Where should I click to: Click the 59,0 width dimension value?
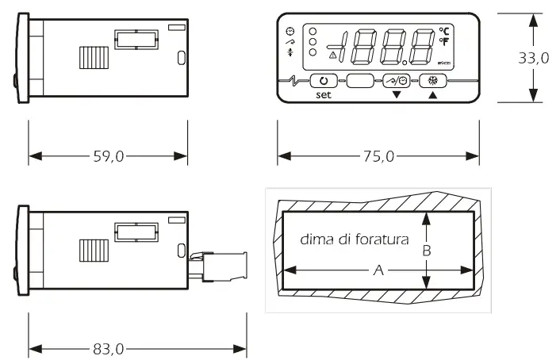pos(109,157)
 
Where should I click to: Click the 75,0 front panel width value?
pos(378,157)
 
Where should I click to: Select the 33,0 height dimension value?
pos(534,59)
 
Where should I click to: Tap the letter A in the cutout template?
pos(378,270)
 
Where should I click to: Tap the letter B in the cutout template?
pos(426,250)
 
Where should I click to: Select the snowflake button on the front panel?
pos(433,81)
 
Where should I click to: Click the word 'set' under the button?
pos(323,94)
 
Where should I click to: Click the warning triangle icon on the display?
pos(332,56)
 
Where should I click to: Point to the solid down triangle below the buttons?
pos(397,94)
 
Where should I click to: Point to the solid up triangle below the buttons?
pos(433,94)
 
